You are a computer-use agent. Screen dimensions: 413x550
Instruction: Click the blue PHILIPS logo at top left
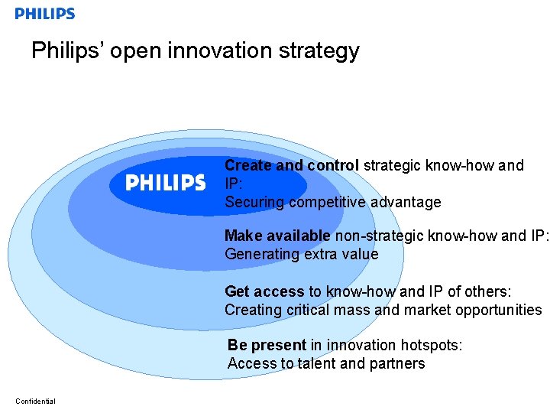[45, 14]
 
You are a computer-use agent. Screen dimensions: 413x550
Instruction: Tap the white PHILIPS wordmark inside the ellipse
[165, 183]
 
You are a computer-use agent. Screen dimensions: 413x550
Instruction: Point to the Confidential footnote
[35, 402]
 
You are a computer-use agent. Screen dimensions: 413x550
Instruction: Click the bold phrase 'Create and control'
[292, 165]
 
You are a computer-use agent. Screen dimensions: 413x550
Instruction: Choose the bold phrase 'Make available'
[277, 236]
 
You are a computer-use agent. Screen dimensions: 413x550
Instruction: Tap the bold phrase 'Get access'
[264, 291]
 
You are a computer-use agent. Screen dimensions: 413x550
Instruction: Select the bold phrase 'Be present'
[267, 345]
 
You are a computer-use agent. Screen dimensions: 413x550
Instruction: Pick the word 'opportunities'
[498, 311]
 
